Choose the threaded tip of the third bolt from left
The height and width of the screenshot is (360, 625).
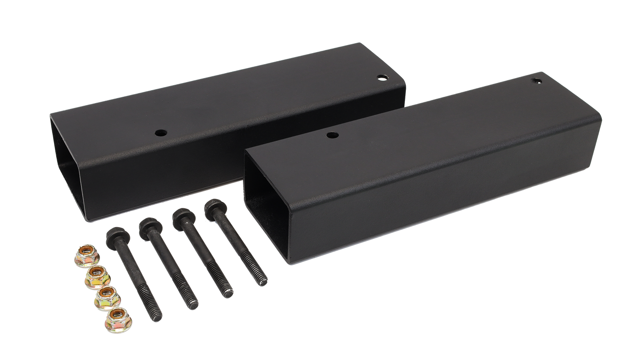pos(228,294)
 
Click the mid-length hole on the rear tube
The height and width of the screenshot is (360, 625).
pos(160,132)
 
